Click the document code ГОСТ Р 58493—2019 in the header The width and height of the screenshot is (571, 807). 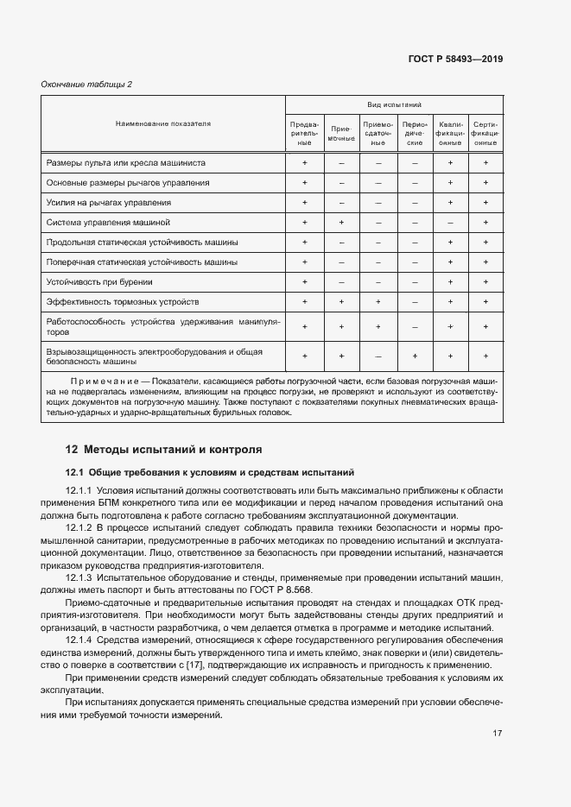coord(455,60)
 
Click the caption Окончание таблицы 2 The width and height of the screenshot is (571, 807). coord(86,84)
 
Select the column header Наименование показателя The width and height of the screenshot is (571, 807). coord(163,124)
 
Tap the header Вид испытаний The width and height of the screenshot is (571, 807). coord(394,104)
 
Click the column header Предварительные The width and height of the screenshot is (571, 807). coord(304,133)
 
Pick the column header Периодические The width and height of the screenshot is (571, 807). coord(415,133)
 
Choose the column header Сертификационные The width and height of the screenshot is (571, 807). coord(485,133)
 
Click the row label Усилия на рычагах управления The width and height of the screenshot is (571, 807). coord(109,203)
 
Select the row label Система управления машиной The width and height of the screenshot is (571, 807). coord(108,223)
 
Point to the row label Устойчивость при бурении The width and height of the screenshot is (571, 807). coord(99,282)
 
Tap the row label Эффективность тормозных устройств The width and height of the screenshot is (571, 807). coord(123,302)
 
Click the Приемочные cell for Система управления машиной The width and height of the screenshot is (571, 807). coord(341,223)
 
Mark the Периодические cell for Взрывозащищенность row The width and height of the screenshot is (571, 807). coord(415,356)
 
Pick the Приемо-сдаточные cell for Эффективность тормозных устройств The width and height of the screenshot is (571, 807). coord(377,302)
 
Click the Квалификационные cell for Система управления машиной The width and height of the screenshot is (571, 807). coord(450,223)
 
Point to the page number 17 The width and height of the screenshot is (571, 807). coord(498,734)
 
